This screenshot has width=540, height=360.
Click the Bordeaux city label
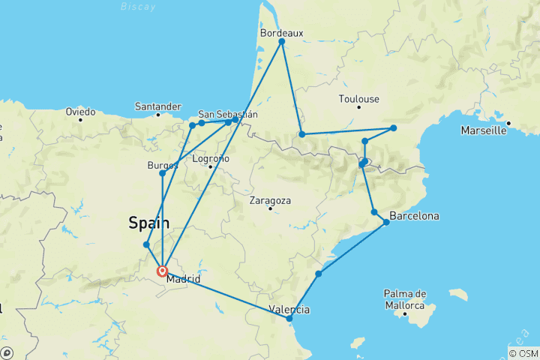click(x=282, y=33)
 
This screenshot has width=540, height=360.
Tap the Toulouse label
click(x=359, y=99)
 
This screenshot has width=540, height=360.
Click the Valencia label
click(x=289, y=309)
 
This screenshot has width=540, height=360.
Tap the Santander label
click(x=158, y=106)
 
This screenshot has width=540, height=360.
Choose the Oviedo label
click(x=80, y=112)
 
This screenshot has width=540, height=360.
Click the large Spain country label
click(x=148, y=223)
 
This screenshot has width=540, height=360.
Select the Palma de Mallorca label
click(x=405, y=298)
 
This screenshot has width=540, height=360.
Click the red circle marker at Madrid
click(x=162, y=271)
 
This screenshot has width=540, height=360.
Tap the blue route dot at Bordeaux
click(x=282, y=42)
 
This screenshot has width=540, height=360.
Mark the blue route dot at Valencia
click(x=289, y=319)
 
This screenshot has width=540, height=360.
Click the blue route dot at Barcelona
click(x=387, y=222)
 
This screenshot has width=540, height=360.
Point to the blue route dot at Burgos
click(x=163, y=173)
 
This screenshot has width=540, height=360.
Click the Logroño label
click(x=211, y=158)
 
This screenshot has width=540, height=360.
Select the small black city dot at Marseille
click(x=508, y=123)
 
